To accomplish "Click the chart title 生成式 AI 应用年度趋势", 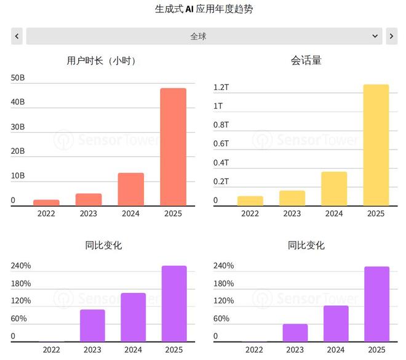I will [204, 9].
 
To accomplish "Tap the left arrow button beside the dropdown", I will [17, 36].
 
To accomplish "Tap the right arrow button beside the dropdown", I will [391, 36].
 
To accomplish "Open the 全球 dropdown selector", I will [204, 36].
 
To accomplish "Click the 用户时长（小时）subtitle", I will [102, 60].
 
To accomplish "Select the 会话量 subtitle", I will [306, 60].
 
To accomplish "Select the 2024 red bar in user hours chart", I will [131, 189].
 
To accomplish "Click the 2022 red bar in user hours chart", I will [47, 202].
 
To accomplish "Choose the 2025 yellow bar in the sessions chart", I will [376, 145].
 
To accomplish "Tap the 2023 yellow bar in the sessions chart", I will [292, 198].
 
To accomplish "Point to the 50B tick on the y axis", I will [18, 78].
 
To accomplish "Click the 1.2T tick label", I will [221, 87].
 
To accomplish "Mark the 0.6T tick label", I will [221, 144].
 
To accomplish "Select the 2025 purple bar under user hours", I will [174, 303].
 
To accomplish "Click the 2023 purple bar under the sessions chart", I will [295, 332].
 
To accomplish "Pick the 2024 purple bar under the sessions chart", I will [336, 323].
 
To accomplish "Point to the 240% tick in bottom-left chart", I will [21, 266].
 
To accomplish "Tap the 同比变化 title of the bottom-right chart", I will [306, 245].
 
